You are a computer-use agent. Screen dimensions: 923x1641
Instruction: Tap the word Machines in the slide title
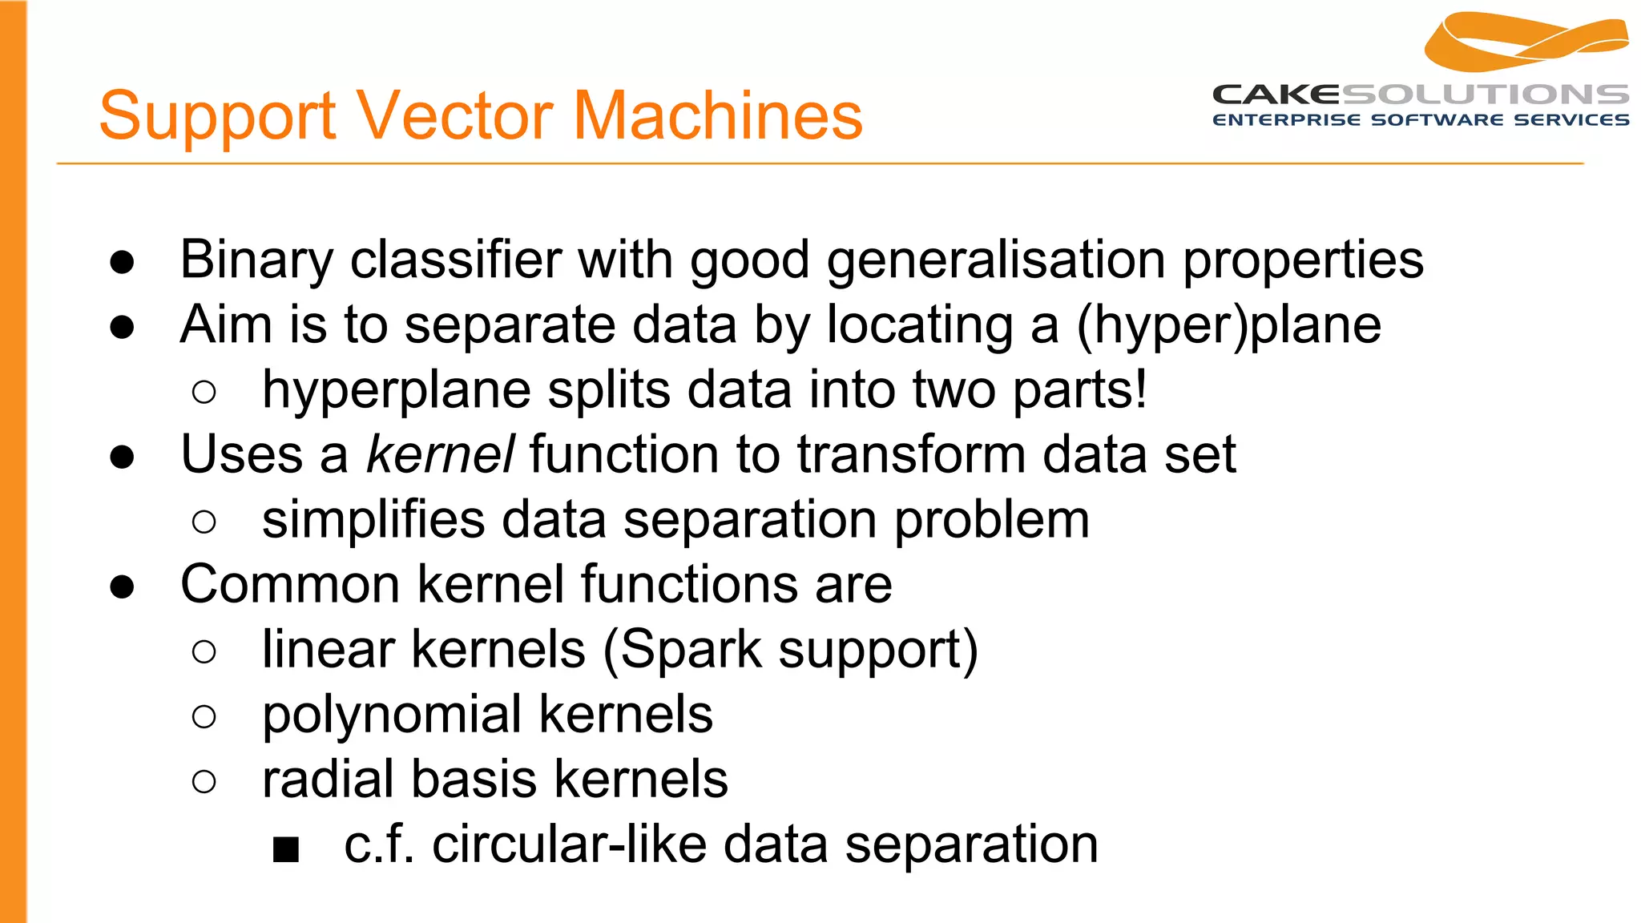coord(718,116)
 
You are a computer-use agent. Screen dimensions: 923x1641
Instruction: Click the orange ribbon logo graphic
coord(1526,42)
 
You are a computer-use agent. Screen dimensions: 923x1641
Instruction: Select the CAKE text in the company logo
coord(1276,95)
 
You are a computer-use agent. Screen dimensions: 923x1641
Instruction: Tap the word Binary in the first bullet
coord(256,260)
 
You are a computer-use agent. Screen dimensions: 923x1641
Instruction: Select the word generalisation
coord(996,260)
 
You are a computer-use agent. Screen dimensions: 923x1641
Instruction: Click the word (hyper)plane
coord(1228,325)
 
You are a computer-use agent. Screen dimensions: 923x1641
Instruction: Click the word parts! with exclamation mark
coord(1079,390)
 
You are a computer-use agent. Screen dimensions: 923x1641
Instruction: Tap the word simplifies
coord(373,519)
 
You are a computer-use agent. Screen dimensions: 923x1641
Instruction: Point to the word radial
coord(327,779)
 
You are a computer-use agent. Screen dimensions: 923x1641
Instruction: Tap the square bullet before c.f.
coord(285,849)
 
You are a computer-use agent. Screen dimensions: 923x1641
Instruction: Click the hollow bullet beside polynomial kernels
coord(204,716)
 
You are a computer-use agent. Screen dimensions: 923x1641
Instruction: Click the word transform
coord(911,454)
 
